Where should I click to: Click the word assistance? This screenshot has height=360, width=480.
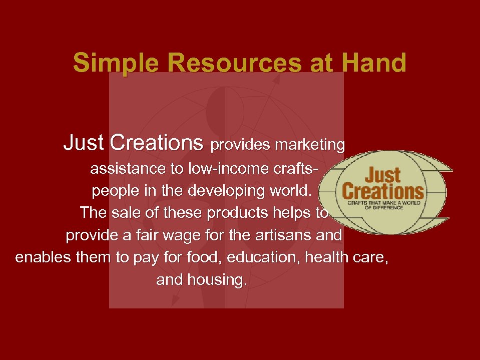(128, 169)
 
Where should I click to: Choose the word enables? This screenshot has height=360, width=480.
(44, 257)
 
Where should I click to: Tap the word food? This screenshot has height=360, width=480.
(206, 257)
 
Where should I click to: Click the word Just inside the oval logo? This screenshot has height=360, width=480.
(382, 175)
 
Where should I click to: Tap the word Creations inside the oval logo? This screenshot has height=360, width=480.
(383, 191)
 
